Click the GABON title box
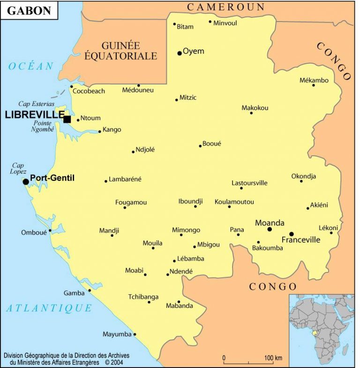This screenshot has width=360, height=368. click(29, 10)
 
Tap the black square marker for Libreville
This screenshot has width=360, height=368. click(67, 119)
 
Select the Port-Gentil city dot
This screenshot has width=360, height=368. click(26, 181)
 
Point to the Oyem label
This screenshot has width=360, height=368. click(193, 51)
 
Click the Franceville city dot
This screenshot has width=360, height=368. click(291, 234)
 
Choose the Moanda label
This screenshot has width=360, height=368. click(270, 223)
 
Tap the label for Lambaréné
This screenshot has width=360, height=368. click(125, 179)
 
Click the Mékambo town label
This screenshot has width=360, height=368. click(314, 80)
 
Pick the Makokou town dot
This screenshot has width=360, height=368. click(251, 113)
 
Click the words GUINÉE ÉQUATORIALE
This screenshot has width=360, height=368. click(120, 51)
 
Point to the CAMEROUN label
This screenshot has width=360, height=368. click(226, 7)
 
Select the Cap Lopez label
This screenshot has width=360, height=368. click(19, 168)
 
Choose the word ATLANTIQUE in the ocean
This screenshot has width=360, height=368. click(49, 308)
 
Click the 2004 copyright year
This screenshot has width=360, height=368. click(118, 362)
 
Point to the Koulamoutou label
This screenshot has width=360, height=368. click(234, 202)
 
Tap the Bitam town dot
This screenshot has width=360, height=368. click(174, 24)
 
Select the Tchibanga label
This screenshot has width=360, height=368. click(143, 297)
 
